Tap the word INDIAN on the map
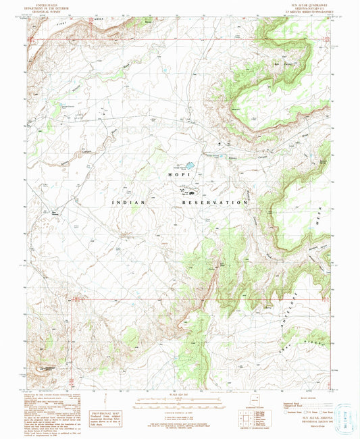pyautogui.click(x=128, y=202)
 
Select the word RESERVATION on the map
pyautogui.click(x=215, y=202)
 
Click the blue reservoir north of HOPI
pyautogui.click(x=191, y=165)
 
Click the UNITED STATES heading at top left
pyautogui.click(x=47, y=5)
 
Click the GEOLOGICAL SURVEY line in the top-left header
pyautogui.click(x=47, y=12)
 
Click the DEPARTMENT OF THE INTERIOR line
pyautogui.click(x=47, y=9)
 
